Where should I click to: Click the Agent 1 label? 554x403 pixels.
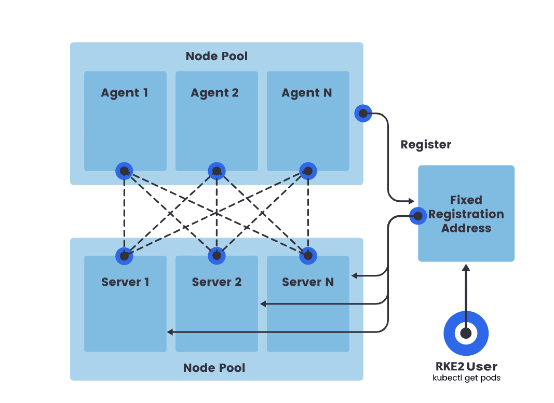(124, 93)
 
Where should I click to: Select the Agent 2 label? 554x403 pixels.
(214, 93)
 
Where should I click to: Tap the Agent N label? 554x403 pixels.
(306, 93)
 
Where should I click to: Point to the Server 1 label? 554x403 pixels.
(125, 282)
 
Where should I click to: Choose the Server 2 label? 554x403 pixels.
(217, 282)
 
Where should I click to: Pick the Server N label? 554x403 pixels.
(308, 282)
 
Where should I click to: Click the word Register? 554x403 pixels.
(426, 145)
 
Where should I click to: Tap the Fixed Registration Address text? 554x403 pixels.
(466, 214)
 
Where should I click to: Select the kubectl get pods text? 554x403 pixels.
(466, 378)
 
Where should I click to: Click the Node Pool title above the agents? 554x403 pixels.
(217, 56)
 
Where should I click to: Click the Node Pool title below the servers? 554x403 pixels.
(214, 368)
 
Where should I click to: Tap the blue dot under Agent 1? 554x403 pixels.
(124, 171)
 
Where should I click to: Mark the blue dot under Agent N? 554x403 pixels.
(308, 171)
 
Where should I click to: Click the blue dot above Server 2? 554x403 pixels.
(217, 255)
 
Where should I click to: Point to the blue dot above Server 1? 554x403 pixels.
(124, 255)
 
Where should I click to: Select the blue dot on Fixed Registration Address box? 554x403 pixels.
(418, 216)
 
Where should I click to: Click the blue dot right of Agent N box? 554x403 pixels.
(363, 113)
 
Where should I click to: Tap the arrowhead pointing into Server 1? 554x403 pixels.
(170, 331)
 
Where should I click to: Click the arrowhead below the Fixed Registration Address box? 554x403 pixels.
(466, 267)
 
